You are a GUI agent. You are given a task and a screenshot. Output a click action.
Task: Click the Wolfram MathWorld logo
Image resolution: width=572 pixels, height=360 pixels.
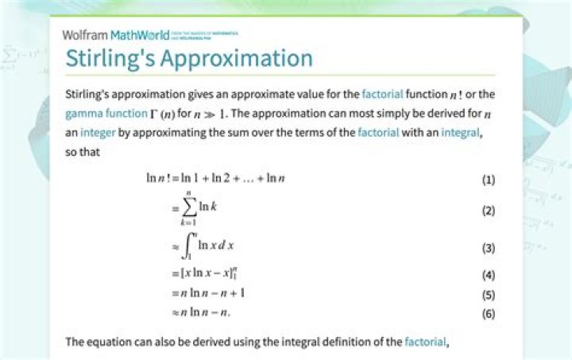tap(119, 36)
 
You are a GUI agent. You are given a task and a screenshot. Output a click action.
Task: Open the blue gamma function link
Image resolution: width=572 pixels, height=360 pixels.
tap(104, 114)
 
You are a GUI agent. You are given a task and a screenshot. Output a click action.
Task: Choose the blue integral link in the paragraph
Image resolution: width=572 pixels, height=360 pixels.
tap(460, 133)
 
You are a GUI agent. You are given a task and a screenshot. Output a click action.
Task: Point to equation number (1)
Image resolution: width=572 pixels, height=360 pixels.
tap(489, 179)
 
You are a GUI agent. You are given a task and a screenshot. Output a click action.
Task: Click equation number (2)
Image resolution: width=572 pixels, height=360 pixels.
tap(489, 211)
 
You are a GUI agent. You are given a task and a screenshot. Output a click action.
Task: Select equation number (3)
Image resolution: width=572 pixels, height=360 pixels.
tap(489, 248)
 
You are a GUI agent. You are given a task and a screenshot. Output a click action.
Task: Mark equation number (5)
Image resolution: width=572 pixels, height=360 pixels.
tap(489, 294)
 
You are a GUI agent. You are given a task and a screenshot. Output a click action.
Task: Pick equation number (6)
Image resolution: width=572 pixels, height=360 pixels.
tap(489, 313)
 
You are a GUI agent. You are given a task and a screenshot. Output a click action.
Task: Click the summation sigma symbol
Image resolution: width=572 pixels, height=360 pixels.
tap(188, 209)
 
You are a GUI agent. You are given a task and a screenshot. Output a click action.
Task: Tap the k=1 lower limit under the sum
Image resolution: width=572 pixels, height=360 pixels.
tap(188, 226)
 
